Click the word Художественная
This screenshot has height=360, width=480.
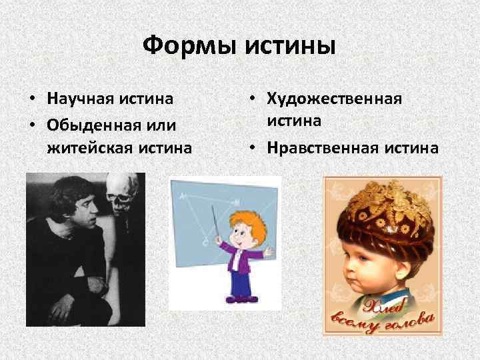click(x=335, y=99)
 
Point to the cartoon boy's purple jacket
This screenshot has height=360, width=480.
click(x=241, y=257)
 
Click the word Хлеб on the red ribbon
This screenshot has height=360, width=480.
click(x=376, y=307)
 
